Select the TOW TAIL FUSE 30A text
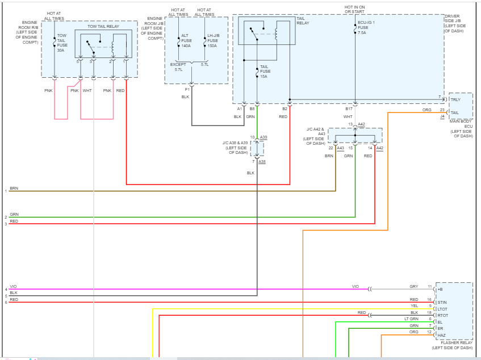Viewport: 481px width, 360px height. click(x=61, y=43)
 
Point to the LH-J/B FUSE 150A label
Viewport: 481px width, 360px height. click(x=212, y=41)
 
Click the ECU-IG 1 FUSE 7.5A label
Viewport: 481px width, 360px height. click(x=366, y=27)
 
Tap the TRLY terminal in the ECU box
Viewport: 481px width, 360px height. click(x=455, y=100)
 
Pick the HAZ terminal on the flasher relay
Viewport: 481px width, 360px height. click(x=441, y=335)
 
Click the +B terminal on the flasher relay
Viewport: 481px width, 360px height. click(x=440, y=288)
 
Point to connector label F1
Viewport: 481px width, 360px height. click(x=187, y=89)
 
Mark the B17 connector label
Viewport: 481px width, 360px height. click(x=349, y=108)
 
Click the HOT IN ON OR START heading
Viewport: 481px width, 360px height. click(x=355, y=10)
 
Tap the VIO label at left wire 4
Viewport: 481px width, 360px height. click(x=13, y=287)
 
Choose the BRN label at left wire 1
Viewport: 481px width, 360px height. click(x=14, y=188)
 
